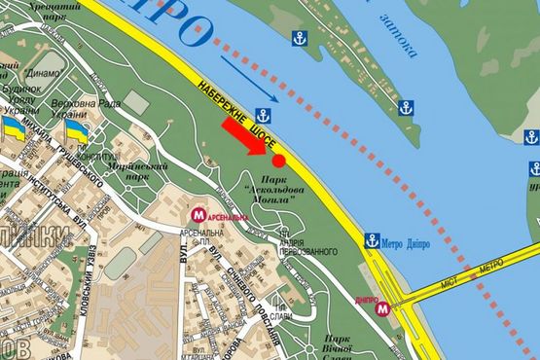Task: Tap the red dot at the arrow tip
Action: point(278,160)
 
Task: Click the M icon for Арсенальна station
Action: point(198,214)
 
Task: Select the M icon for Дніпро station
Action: point(383,309)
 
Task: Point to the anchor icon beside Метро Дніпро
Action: point(372,240)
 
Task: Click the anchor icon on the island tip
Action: point(300,38)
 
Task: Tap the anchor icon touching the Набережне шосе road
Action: point(263,114)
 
